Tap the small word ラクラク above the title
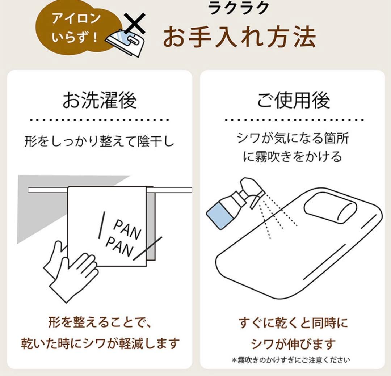[239, 8]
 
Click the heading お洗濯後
[100, 100]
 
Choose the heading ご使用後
[293, 100]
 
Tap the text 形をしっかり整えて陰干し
[100, 141]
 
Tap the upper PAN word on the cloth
[127, 229]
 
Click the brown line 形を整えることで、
[100, 322]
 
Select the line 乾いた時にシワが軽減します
[100, 343]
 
